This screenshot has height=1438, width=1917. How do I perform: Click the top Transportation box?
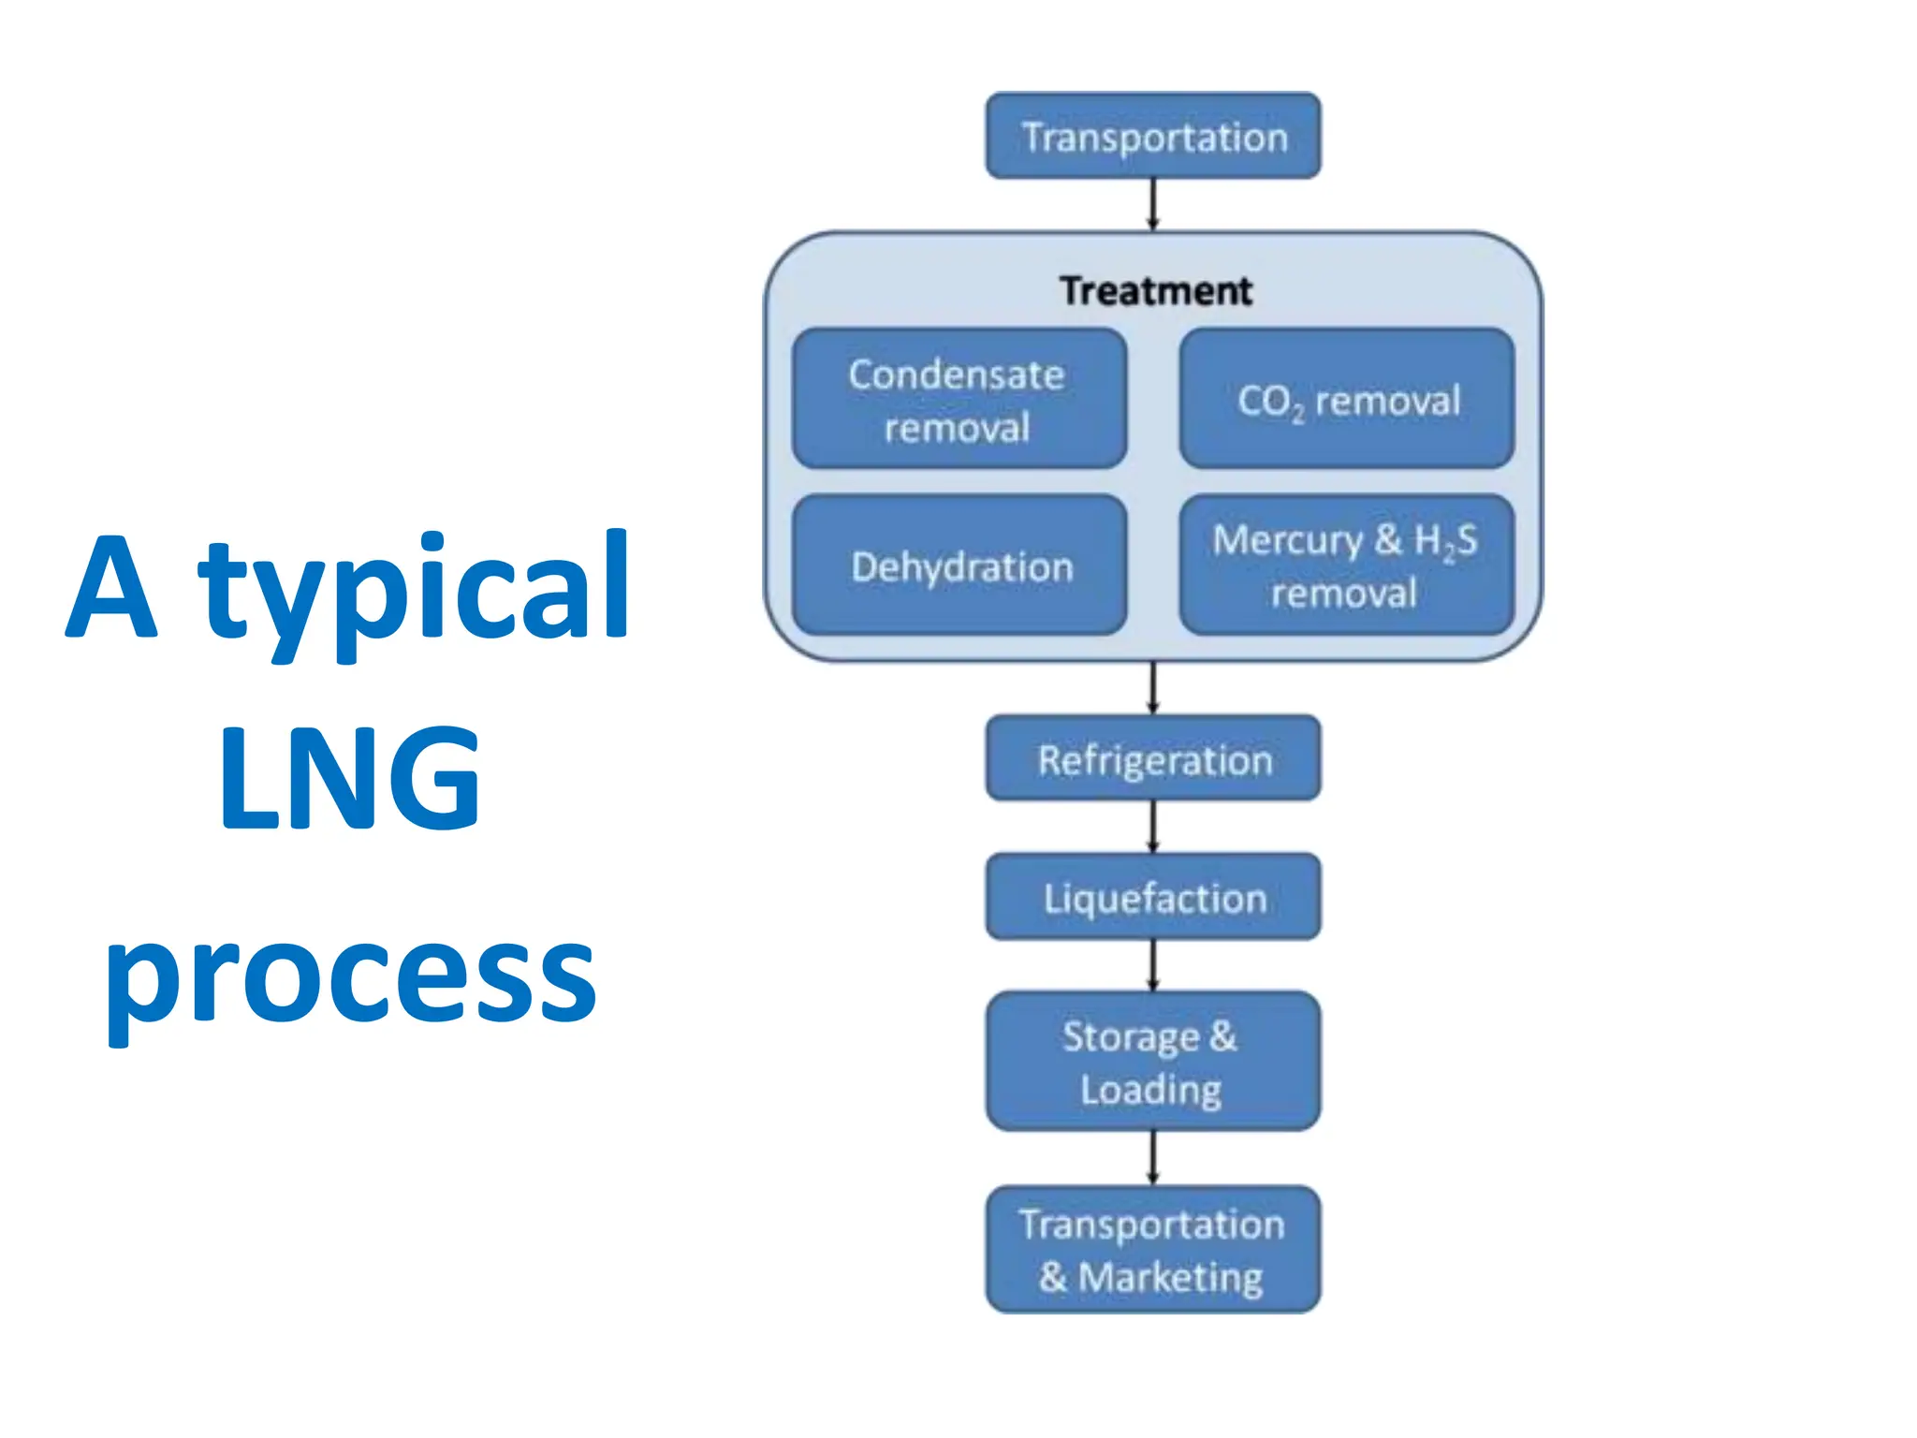click(x=1153, y=136)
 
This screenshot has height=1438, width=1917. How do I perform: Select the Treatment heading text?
click(x=1155, y=291)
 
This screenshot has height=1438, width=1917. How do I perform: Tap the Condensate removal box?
click(x=958, y=399)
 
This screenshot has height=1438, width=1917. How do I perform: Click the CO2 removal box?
click(x=1347, y=399)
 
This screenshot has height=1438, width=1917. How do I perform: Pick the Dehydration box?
click(x=958, y=565)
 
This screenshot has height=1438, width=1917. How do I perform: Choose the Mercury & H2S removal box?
click(x=1347, y=565)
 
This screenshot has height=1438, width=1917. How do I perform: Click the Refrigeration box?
click(x=1153, y=758)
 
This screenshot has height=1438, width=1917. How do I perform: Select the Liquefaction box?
click(x=1153, y=897)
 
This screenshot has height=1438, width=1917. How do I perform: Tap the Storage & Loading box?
click(x=1153, y=1062)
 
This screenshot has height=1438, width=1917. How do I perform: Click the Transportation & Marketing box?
click(x=1153, y=1250)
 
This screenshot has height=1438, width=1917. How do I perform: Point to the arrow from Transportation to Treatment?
click(x=1153, y=204)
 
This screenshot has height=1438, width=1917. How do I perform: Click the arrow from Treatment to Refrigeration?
click(x=1153, y=688)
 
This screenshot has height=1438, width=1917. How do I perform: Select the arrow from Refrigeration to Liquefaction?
click(x=1153, y=827)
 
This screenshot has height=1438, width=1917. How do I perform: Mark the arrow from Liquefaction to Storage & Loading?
click(x=1153, y=965)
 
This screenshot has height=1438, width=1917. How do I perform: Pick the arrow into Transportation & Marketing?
click(x=1153, y=1158)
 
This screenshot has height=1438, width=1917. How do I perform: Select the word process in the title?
click(x=350, y=978)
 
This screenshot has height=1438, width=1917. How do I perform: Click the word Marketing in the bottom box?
click(x=1170, y=1278)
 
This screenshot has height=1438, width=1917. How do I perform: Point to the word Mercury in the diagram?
click(x=1288, y=541)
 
